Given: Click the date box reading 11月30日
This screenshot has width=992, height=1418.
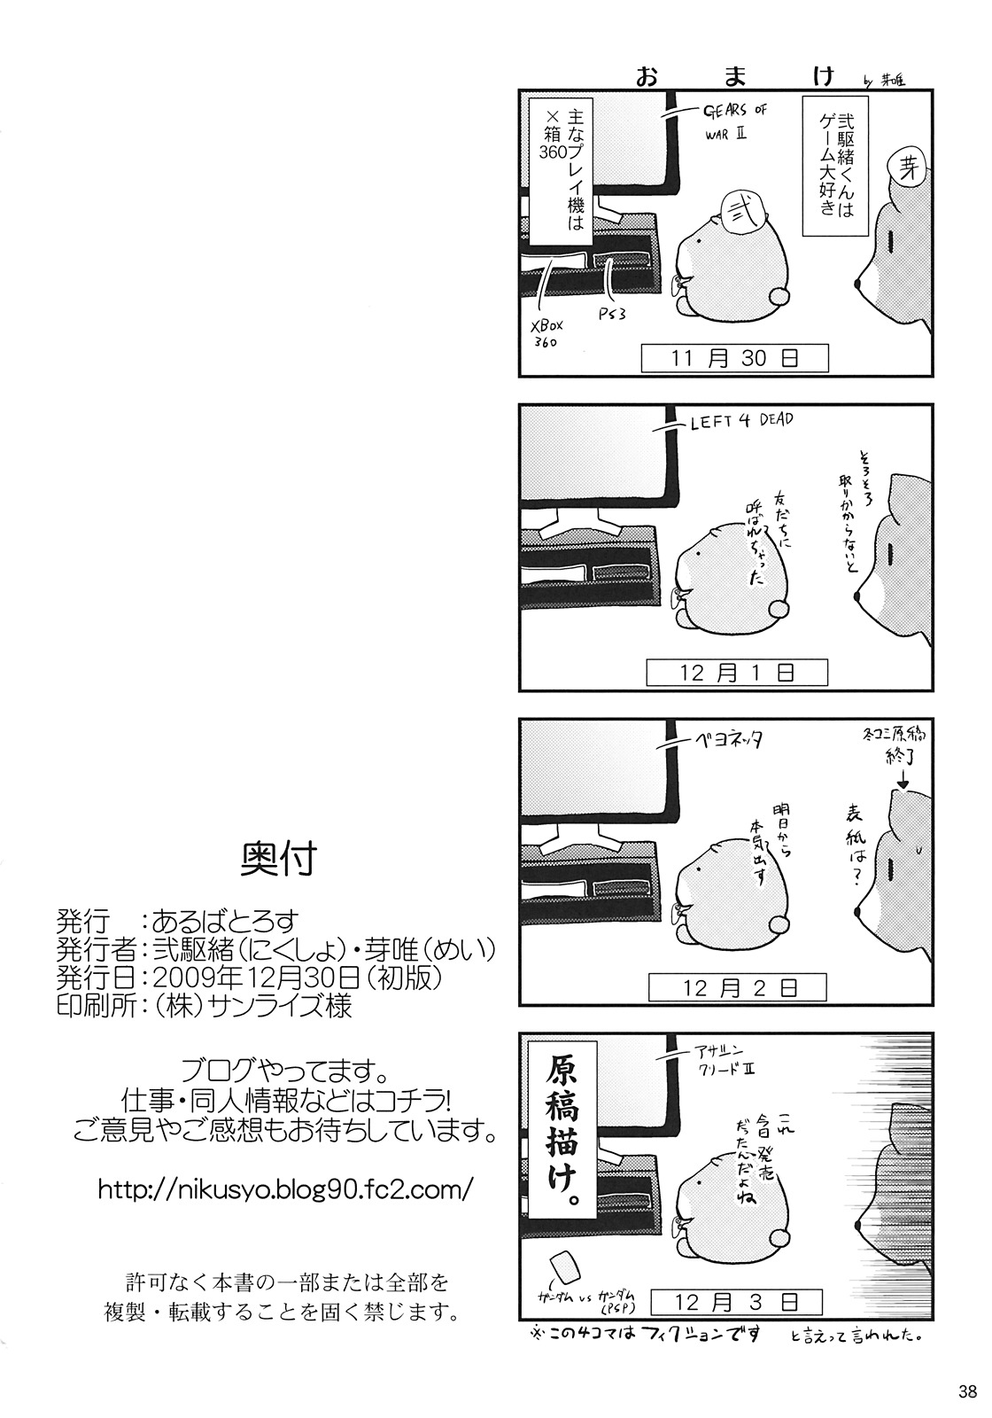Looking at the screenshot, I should pyautogui.click(x=736, y=358).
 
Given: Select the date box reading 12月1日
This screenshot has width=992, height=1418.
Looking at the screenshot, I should pyautogui.click(x=736, y=673).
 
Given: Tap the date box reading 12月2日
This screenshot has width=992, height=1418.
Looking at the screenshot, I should pyautogui.click(x=736, y=986).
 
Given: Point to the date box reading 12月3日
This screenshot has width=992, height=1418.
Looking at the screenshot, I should pyautogui.click(x=736, y=1301).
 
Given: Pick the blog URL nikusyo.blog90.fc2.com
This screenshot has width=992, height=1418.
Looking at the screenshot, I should pyautogui.click(x=286, y=1188).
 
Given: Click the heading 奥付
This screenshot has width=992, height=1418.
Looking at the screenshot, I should pyautogui.click(x=278, y=857).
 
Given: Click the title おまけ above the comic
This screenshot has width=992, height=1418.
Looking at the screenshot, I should pyautogui.click(x=736, y=76).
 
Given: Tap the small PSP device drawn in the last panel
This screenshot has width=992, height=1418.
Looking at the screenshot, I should pyautogui.click(x=563, y=1266).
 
